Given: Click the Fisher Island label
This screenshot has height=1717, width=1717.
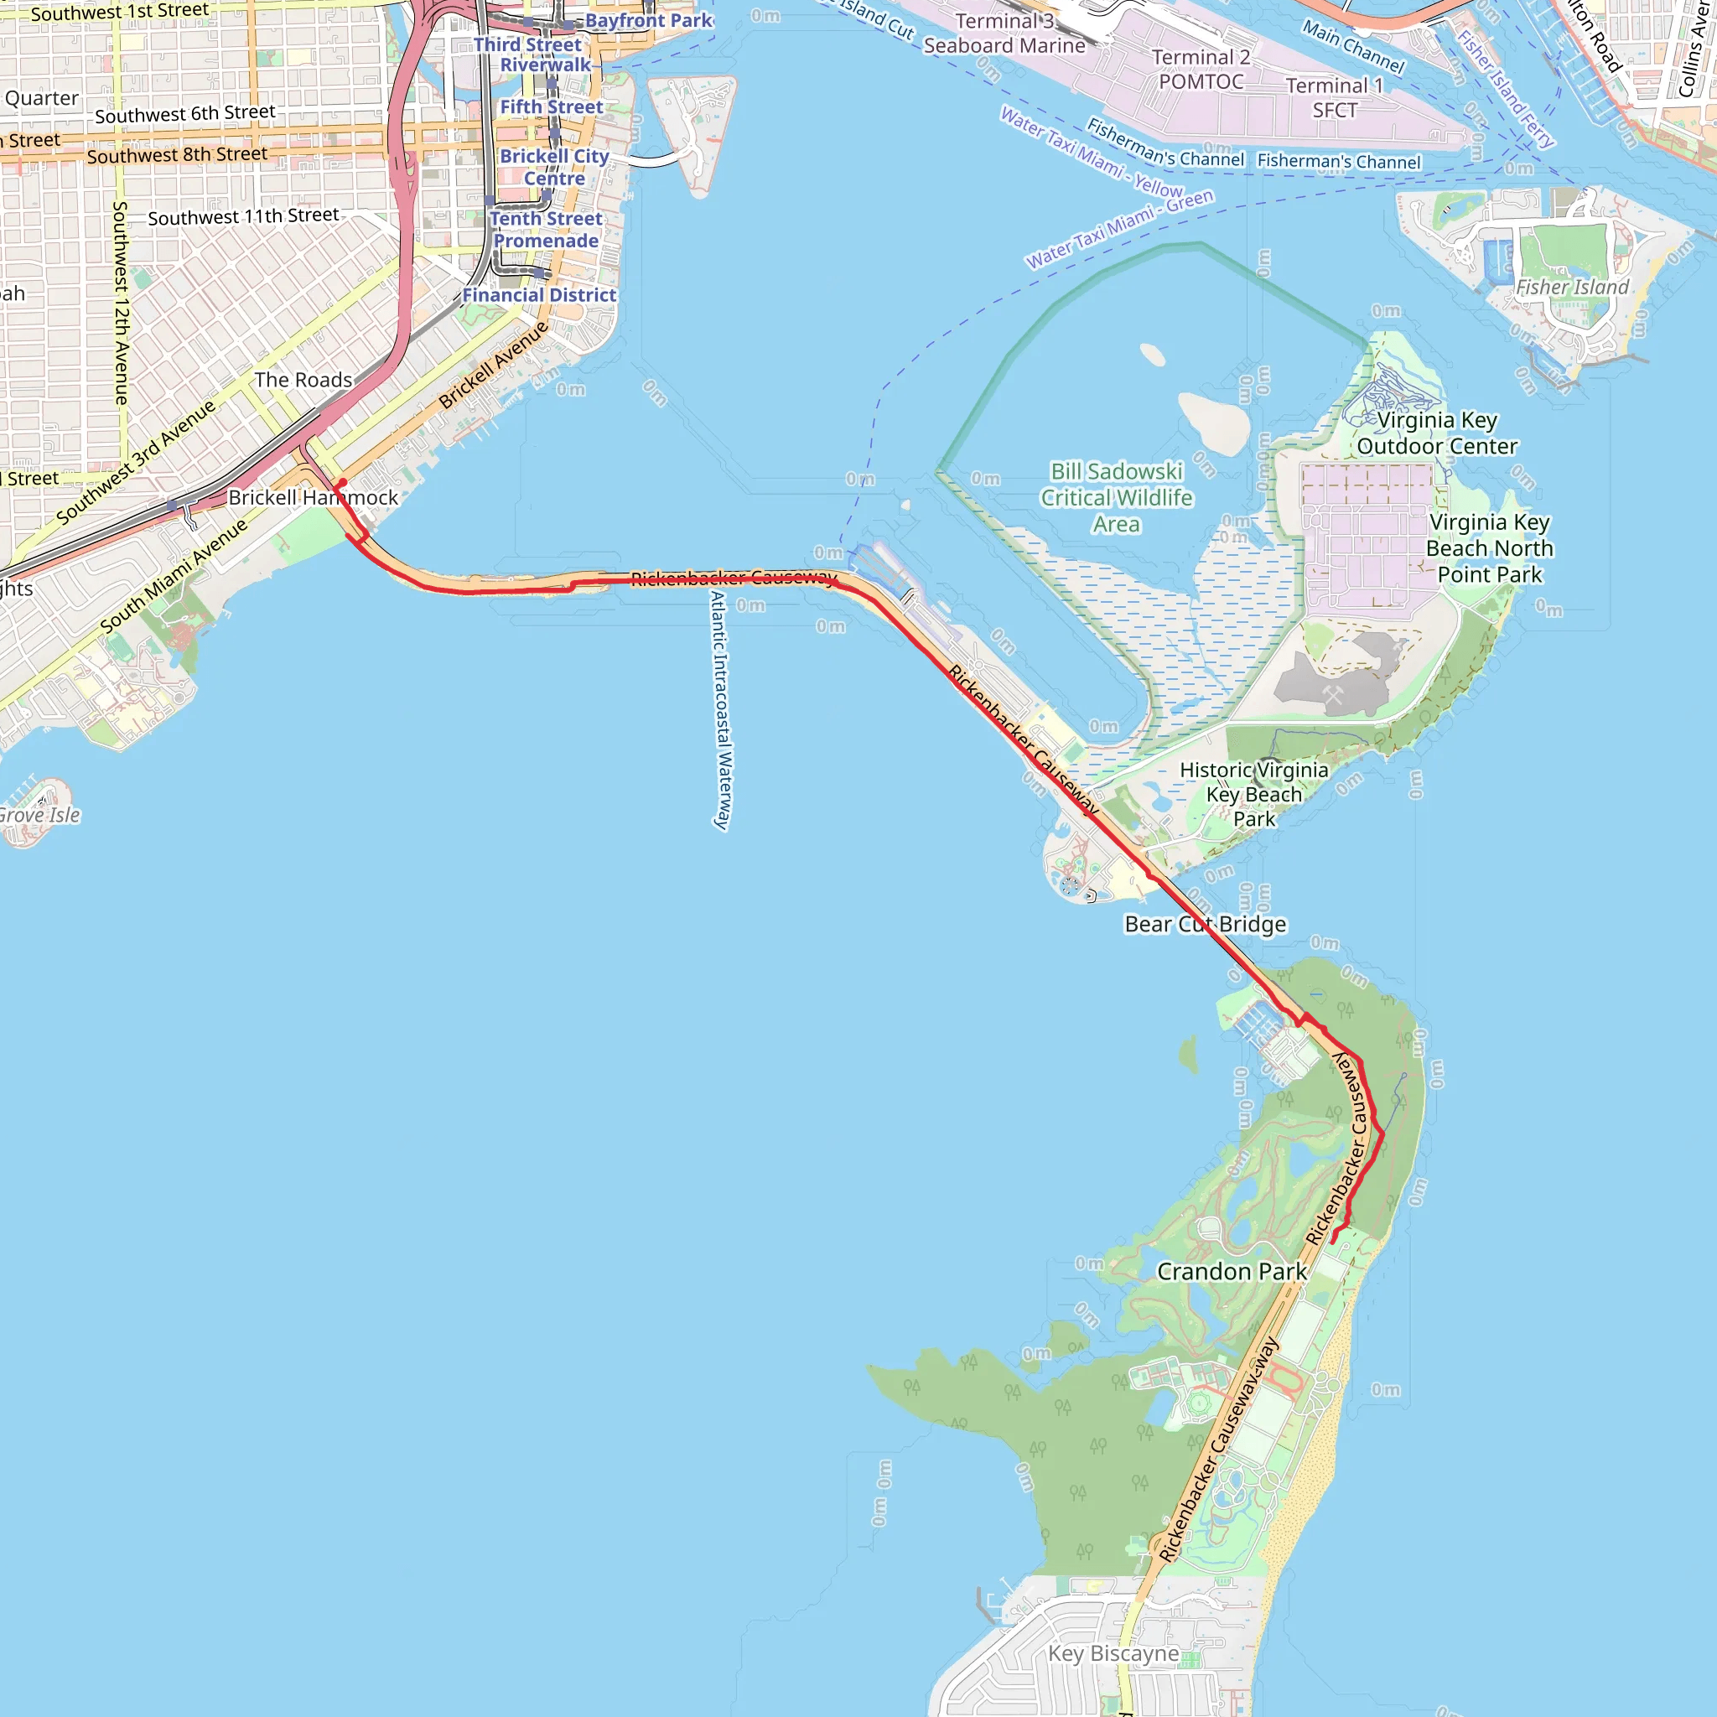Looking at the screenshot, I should [x=1571, y=287].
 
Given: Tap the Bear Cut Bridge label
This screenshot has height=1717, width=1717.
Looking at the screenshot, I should [x=1205, y=924].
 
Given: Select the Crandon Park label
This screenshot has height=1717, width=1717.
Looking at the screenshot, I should [x=1231, y=1272].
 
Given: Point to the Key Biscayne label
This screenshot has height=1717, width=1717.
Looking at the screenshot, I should [x=1113, y=1653].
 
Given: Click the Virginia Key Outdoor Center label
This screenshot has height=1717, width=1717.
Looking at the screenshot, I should [x=1436, y=433].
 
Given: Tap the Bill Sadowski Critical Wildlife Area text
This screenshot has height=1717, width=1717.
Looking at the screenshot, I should [x=1116, y=498].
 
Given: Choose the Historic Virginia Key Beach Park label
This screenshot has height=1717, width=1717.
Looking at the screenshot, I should [x=1254, y=795].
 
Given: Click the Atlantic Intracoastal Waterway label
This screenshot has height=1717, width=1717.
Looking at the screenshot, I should [x=722, y=711].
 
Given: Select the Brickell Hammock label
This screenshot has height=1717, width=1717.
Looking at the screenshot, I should [x=313, y=498].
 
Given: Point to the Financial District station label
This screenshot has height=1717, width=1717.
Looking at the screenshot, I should [x=538, y=295].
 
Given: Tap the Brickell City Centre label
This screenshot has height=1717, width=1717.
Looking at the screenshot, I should [x=553, y=167].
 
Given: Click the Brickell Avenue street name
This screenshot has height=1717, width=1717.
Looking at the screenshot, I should [x=494, y=366].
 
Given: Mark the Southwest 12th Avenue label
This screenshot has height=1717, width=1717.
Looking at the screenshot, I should [x=121, y=303].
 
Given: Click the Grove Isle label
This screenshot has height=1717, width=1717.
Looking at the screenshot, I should [x=39, y=815].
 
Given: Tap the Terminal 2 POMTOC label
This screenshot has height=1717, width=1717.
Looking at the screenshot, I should [x=1201, y=70].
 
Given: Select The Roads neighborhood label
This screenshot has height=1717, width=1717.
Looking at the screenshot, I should [x=303, y=381].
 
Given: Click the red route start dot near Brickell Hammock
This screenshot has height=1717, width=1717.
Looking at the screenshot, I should [x=342, y=483].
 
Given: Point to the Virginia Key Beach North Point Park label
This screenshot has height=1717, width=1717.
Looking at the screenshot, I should [x=1490, y=548].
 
